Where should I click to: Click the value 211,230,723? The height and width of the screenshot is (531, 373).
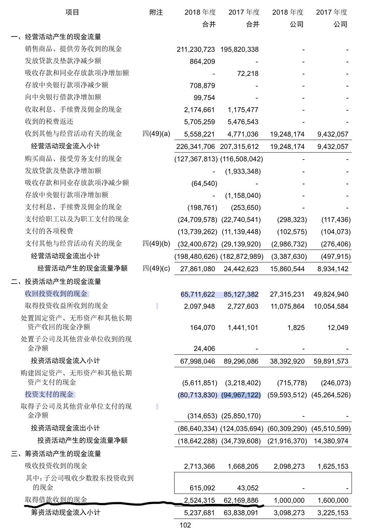coord(196,50)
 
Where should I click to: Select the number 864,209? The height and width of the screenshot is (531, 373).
coord(202,62)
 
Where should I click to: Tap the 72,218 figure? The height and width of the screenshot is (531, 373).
coord(248,74)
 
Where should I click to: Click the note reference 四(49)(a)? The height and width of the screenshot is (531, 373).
coord(156,134)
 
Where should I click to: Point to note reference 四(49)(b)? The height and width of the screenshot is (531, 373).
coord(156,244)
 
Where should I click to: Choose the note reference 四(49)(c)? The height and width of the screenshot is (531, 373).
coord(156,268)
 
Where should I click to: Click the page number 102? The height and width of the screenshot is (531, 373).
coord(185,525)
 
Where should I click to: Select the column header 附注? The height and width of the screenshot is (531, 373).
coord(156,12)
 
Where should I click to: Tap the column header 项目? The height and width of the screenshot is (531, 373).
coord(72,12)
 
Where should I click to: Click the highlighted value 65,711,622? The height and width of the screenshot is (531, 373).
coord(197,294)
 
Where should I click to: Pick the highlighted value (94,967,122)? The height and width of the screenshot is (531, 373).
coord(241,395)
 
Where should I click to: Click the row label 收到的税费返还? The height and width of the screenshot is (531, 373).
coord(49,122)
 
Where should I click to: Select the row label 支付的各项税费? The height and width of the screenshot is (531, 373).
coord(49,231)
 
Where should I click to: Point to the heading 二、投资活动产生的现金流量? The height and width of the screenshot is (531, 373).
coord(56,282)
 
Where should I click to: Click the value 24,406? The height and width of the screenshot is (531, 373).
coord(204,349)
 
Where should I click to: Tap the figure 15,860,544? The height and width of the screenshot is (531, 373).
coord(287,269)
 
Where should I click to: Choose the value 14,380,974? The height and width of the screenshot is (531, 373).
coord(331,441)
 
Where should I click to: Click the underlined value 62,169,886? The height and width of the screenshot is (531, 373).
coord(241,501)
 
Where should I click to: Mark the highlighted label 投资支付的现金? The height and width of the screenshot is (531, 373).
coord(49,394)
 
